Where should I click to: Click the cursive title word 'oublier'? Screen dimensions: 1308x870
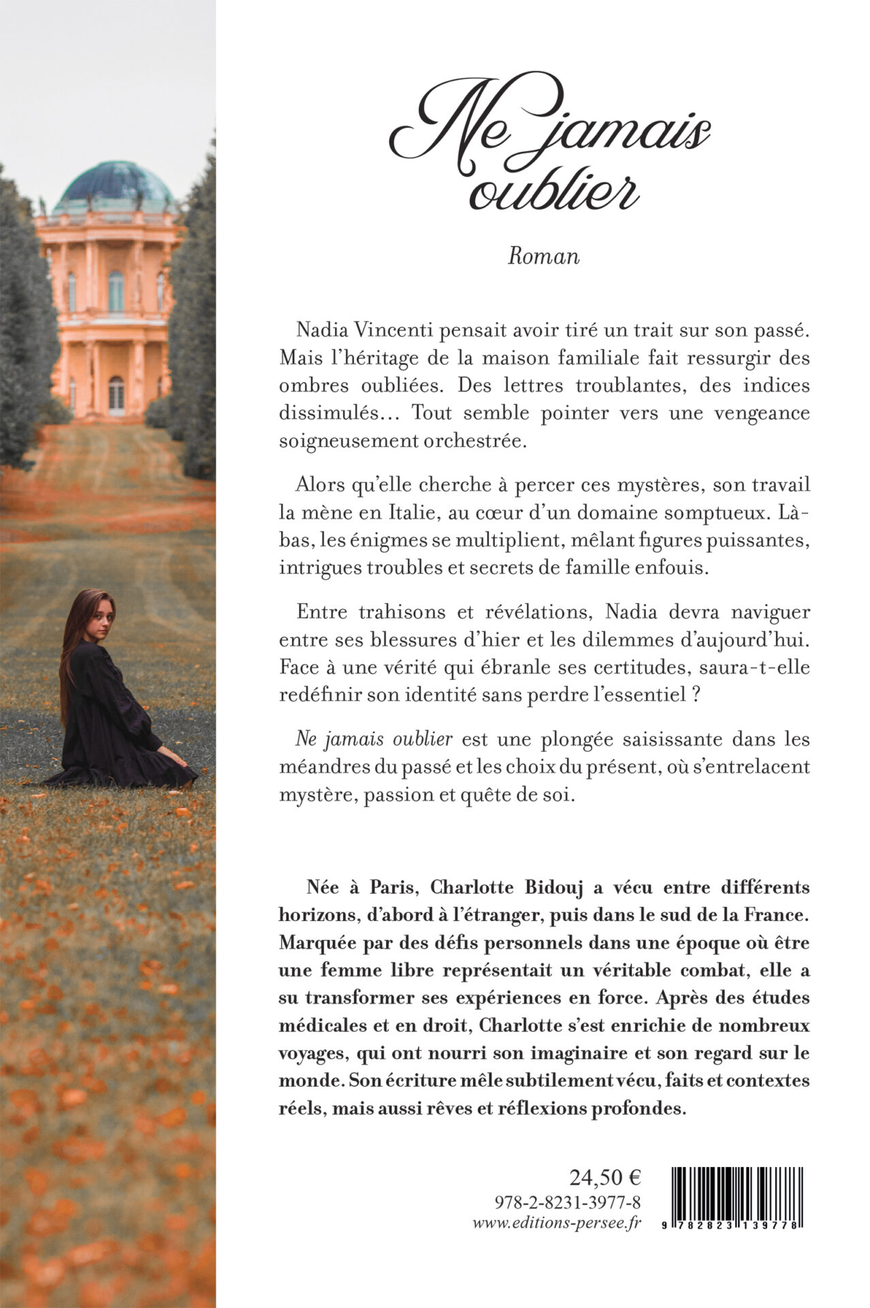554,191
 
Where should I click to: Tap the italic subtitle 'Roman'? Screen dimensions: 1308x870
543,256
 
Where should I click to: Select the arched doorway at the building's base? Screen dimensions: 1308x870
116,395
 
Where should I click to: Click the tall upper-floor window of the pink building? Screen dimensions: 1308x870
116,291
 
